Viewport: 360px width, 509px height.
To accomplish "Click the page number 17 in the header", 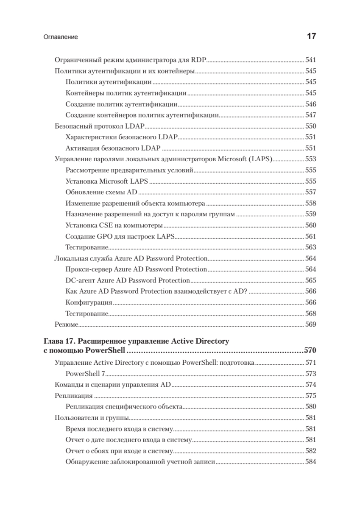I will pyautogui.click(x=311, y=36).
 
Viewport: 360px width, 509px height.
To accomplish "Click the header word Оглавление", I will pyautogui.click(x=61, y=37).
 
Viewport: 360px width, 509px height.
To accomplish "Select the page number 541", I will pyautogui.click(x=311, y=60).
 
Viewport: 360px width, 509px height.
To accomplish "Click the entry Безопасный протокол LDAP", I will pyautogui.click(x=100, y=126).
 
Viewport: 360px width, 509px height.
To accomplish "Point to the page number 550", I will pyautogui.click(x=311, y=126).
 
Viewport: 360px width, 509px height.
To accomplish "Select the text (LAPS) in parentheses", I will pyautogui.click(x=262, y=159).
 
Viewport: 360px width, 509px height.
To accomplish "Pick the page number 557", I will pyautogui.click(x=311, y=192).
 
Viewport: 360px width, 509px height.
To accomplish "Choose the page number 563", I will pyautogui.click(x=311, y=247).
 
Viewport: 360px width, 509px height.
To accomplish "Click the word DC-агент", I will pyautogui.click(x=80, y=280).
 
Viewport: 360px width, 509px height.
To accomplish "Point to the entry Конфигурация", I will pyautogui.click(x=89, y=302).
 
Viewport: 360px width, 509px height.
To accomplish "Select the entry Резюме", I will pyautogui.click(x=67, y=324).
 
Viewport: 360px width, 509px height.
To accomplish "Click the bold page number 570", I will pyautogui.click(x=310, y=351).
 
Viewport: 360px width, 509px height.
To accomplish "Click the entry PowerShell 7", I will pyautogui.click(x=86, y=374).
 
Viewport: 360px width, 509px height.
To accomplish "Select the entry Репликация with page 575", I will pyautogui.click(x=75, y=396).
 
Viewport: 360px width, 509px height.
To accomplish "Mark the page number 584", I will pyautogui.click(x=311, y=462).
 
